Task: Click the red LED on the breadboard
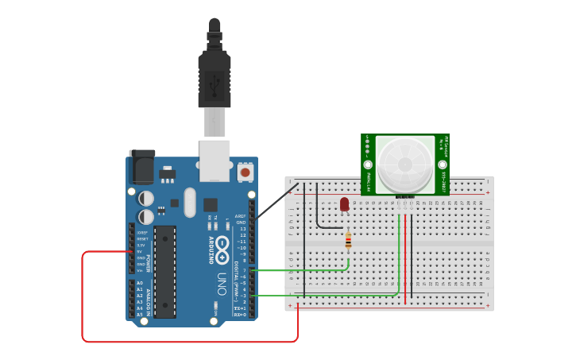(x=344, y=204)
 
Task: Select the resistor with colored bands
(x=348, y=239)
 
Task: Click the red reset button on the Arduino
(x=245, y=171)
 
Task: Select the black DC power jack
(x=141, y=168)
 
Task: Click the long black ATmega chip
(x=164, y=271)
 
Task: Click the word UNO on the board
(x=222, y=281)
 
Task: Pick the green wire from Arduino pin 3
(x=334, y=296)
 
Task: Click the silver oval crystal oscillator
(x=189, y=202)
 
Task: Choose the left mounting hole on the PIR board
(x=368, y=164)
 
